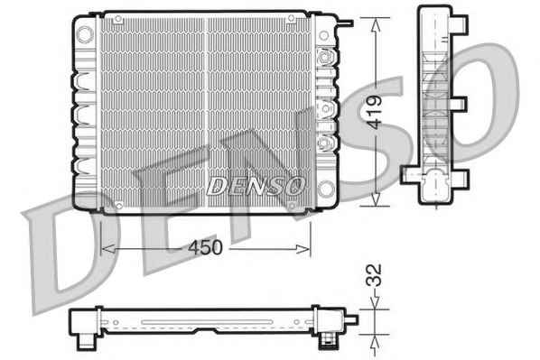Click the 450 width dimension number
(205, 247)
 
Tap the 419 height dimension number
(374, 112)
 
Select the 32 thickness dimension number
(374, 275)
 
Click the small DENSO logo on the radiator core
(256, 186)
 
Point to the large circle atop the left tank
(85, 34)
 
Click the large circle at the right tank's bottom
(325, 189)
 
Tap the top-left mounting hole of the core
(118, 19)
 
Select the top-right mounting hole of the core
(291, 18)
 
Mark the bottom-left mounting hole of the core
(119, 206)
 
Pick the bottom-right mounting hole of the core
(292, 206)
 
